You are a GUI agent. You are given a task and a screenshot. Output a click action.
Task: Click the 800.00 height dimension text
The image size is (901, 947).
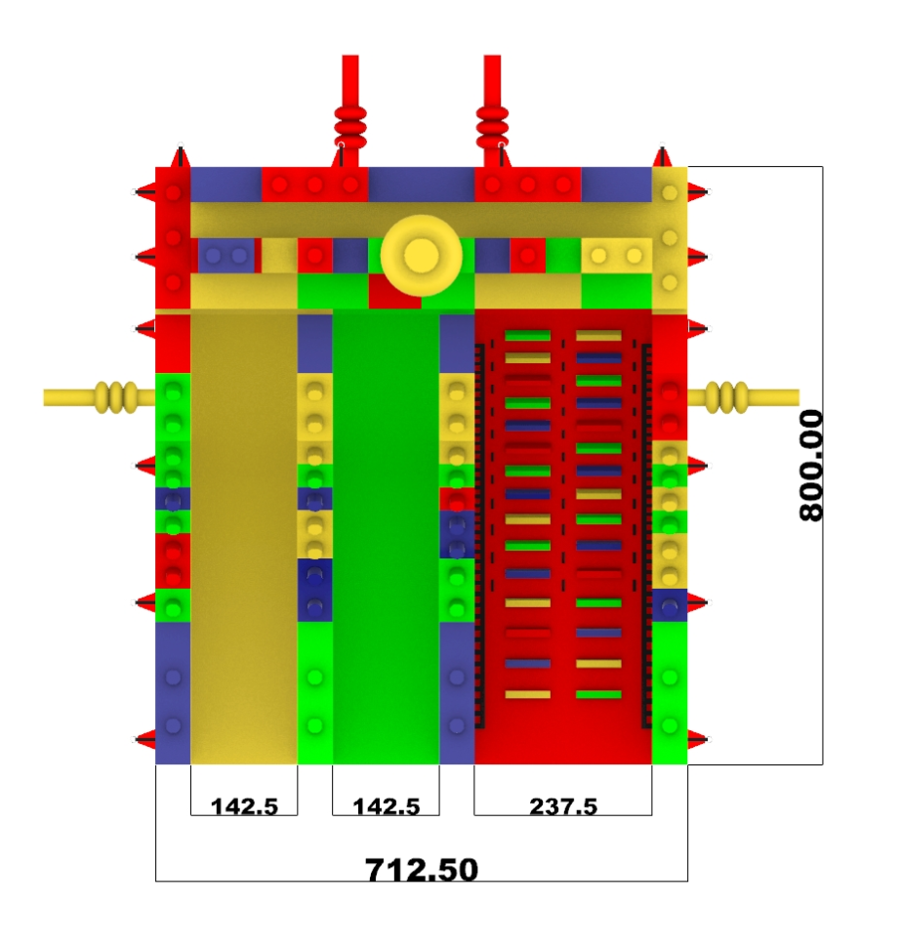click(x=811, y=465)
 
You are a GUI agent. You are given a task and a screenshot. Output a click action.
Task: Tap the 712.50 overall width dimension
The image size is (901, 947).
click(x=422, y=870)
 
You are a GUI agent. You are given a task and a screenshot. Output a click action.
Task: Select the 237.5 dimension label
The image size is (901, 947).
click(x=563, y=806)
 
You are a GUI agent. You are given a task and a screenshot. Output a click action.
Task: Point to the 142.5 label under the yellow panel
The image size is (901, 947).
click(x=244, y=806)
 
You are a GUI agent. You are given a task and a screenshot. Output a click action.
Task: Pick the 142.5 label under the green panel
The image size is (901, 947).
click(x=386, y=806)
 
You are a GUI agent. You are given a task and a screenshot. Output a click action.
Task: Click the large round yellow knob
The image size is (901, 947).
click(x=421, y=256)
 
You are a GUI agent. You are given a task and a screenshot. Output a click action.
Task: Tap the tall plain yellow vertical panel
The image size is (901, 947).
click(x=244, y=538)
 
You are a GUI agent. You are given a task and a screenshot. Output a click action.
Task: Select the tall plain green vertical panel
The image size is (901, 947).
click(x=386, y=538)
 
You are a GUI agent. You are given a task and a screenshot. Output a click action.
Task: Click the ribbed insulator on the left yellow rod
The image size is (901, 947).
click(x=116, y=397)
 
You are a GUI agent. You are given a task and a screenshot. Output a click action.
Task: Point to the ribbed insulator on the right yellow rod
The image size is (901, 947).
click(x=726, y=397)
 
